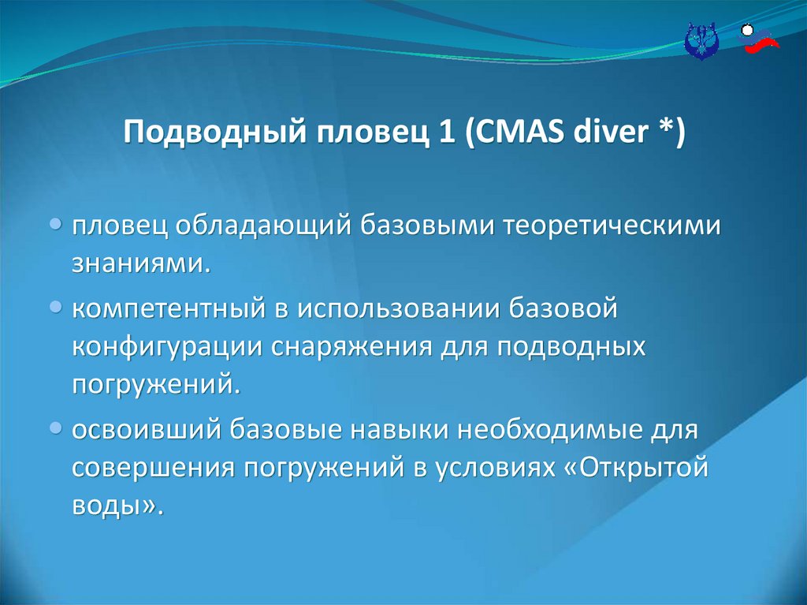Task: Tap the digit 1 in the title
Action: coord(448,132)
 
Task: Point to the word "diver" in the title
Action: coord(611,132)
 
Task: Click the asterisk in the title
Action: coord(664,126)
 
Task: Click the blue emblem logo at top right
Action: coord(701,41)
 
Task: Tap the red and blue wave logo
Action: coord(759,39)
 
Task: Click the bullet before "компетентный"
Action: coord(57,308)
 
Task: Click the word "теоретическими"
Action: coord(611,226)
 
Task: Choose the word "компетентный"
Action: coord(169,308)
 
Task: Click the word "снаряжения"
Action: coord(352,347)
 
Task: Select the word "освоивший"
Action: coord(146,429)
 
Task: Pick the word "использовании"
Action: coord(399,308)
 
